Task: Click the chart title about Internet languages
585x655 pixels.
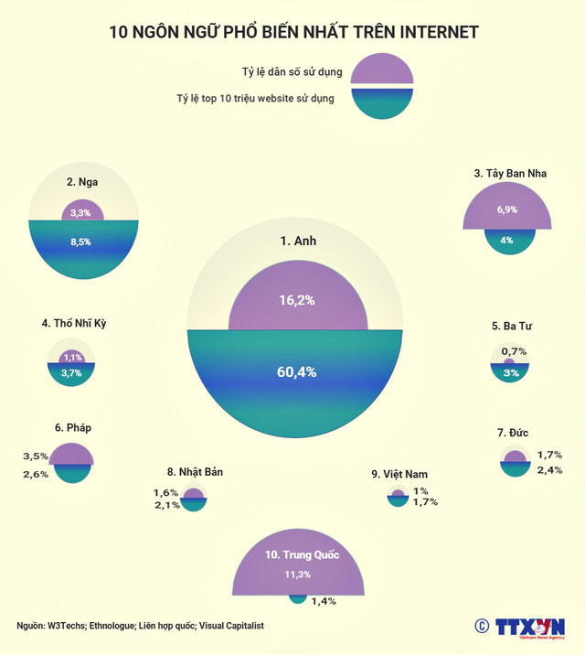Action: (x=292, y=33)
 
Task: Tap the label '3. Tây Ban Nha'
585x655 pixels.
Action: (x=510, y=173)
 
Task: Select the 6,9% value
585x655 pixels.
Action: (x=507, y=209)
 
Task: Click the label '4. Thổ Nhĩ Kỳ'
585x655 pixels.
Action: (x=80, y=323)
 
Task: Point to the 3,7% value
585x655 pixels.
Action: (x=71, y=372)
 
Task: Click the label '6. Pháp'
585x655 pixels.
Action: (x=73, y=427)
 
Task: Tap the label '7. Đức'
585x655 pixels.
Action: (x=514, y=431)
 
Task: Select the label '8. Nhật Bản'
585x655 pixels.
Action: (x=195, y=472)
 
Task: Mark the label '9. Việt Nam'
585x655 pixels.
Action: (x=399, y=474)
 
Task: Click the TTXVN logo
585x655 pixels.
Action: (x=528, y=627)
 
